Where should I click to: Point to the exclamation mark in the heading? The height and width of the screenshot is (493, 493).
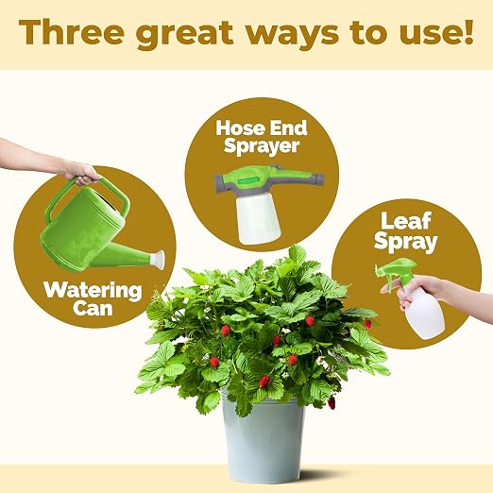point(468,31)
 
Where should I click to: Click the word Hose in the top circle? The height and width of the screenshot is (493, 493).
point(238,128)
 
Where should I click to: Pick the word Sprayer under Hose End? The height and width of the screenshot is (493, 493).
point(262,146)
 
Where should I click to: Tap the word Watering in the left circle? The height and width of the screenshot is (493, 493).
point(93,291)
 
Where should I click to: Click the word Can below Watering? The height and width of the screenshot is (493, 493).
point(93,308)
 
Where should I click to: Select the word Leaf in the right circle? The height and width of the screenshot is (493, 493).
point(406,221)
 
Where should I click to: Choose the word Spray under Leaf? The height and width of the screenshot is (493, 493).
point(406,242)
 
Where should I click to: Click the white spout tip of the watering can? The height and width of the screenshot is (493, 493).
point(159,260)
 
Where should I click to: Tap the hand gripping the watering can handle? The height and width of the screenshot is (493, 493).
point(81,173)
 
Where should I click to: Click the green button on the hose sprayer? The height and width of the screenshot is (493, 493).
point(247,181)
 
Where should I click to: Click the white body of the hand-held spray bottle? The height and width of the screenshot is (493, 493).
point(422,312)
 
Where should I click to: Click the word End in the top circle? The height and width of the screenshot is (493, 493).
point(286,128)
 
